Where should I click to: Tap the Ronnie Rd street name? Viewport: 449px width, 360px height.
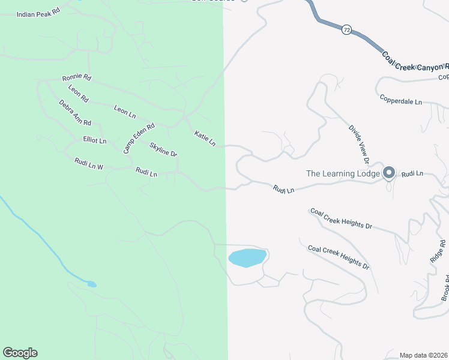tap(77, 77)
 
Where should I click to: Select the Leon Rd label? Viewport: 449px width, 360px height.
tap(79, 94)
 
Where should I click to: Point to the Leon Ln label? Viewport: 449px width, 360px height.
tap(125, 112)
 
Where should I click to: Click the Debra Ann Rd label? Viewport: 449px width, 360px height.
tap(75, 113)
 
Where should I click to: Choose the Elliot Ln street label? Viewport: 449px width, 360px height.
tap(94, 140)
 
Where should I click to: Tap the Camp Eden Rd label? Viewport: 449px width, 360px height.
tap(139, 138)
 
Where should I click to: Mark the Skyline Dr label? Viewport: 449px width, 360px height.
tap(163, 150)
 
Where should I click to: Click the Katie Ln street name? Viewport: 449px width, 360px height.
tap(205, 139)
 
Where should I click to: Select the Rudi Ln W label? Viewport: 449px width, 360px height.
tap(89, 164)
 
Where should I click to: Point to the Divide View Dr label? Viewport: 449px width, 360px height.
tap(358, 144)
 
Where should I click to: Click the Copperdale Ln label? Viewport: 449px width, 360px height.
tap(400, 99)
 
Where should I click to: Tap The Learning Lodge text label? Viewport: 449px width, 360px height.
tap(343, 174)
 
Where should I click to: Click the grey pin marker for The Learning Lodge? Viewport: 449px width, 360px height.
tap(388, 173)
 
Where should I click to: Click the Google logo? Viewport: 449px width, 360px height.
tap(20, 353)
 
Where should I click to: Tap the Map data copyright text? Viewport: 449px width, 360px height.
tap(424, 355)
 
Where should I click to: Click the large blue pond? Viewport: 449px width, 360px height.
tap(247, 258)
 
